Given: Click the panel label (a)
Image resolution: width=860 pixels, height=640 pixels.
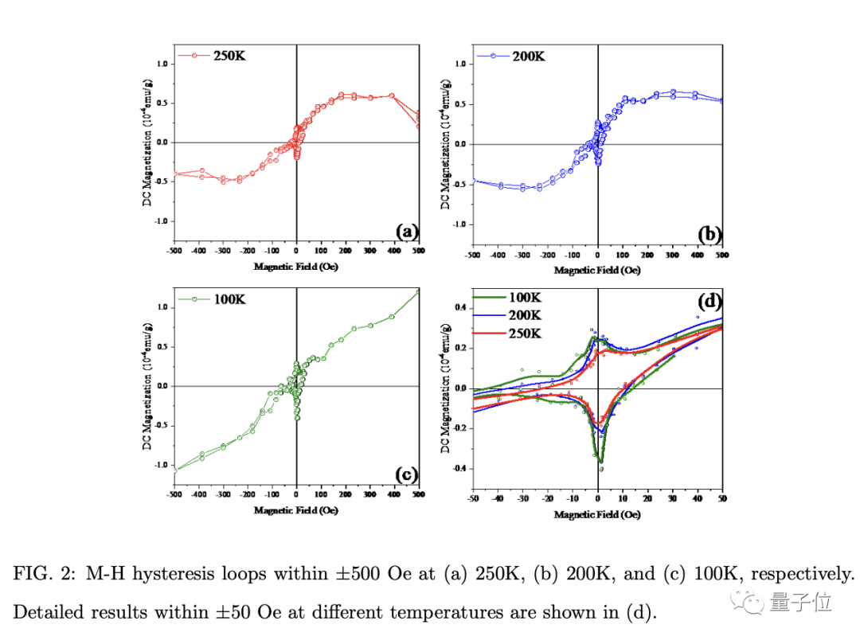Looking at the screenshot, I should point(407,232).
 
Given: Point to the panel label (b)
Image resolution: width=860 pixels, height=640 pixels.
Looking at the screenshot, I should point(709,234).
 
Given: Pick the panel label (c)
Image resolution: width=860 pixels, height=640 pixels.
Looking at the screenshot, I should point(407,475).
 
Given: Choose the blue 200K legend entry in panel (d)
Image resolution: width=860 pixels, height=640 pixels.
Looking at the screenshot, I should point(525,315).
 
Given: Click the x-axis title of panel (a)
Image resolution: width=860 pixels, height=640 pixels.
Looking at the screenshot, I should point(296,267).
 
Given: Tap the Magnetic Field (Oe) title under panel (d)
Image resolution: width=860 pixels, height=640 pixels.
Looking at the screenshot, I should point(597,515).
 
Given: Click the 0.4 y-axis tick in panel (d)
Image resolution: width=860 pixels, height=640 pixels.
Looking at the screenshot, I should point(459,307).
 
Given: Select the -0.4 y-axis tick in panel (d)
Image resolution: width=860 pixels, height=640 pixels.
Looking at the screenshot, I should point(458,469).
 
